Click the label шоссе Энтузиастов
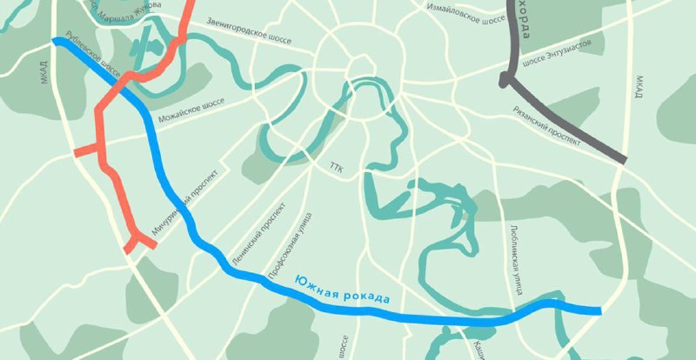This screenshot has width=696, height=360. pos(557,54)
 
